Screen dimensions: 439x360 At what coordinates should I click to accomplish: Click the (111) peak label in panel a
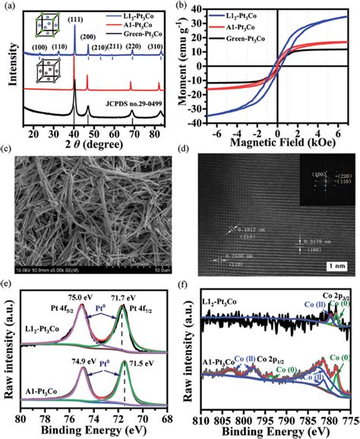(x=76, y=16)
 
